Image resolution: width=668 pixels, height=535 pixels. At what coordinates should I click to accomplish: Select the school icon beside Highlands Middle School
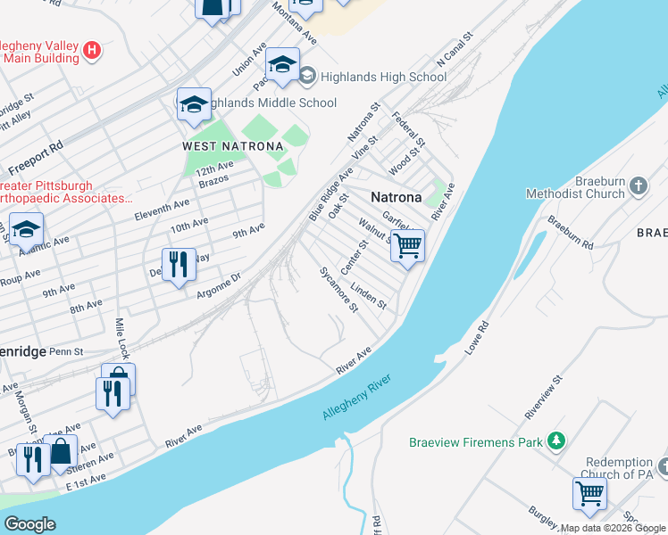[193, 105]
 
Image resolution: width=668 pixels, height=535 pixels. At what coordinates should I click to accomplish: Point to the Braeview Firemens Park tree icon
[556, 440]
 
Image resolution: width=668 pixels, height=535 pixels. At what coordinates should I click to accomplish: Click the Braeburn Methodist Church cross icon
[638, 185]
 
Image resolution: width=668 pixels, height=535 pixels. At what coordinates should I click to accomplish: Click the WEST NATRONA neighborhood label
[232, 146]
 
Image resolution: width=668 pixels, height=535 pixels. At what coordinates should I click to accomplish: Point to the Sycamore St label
[339, 289]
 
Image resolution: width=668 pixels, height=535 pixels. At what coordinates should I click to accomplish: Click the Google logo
[30, 524]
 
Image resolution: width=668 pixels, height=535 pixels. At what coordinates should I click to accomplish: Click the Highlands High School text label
[384, 77]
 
